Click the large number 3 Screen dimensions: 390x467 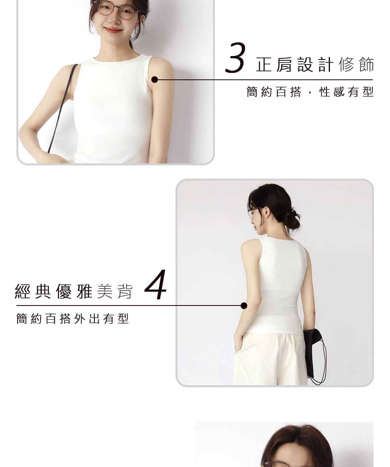[x=235, y=58]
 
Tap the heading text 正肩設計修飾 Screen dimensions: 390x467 [x=315, y=65]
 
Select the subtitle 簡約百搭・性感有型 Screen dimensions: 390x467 [x=310, y=92]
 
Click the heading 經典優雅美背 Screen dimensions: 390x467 [x=74, y=291]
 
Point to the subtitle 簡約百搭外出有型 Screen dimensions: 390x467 [x=73, y=318]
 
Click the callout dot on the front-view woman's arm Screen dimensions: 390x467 [x=155, y=79]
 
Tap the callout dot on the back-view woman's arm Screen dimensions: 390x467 [x=244, y=305]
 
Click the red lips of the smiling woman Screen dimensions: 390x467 [x=113, y=30]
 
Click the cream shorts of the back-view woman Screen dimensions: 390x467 [x=270, y=358]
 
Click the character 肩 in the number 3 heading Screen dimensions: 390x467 [x=284, y=65]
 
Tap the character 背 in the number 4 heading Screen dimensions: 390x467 [x=125, y=291]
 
